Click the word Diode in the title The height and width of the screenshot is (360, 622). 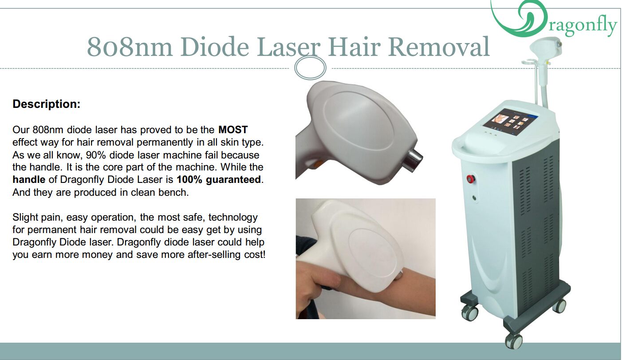(215, 47)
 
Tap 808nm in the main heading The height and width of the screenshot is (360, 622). (130, 47)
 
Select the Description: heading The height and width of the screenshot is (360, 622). (47, 104)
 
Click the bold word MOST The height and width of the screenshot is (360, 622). (233, 130)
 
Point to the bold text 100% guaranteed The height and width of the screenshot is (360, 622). (219, 179)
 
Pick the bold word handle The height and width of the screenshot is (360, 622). (29, 179)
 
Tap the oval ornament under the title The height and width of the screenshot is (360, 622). (310, 67)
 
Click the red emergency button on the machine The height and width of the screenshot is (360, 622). (471, 178)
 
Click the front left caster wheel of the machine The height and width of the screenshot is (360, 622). (469, 313)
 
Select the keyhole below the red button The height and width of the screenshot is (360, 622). (474, 198)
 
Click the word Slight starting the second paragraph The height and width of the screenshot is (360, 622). (25, 217)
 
